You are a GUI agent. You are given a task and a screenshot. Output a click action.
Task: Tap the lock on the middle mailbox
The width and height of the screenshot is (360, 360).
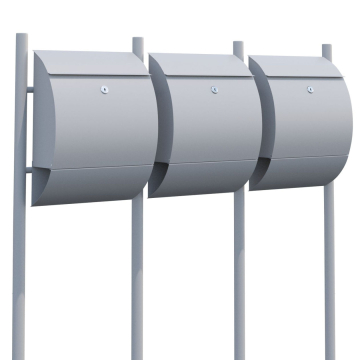pos(214,91)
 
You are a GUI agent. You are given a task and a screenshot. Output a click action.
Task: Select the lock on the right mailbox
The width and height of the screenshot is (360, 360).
pos(309,91)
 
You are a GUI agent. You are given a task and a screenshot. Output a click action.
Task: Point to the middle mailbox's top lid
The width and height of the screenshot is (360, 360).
pos(205,64)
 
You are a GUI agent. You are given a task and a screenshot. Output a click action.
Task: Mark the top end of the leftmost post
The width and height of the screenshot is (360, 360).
pos(21,38)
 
